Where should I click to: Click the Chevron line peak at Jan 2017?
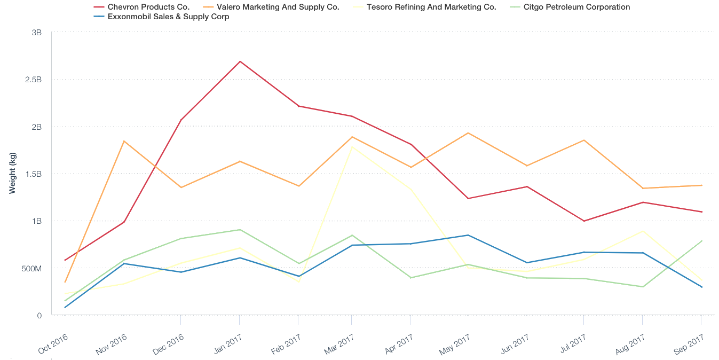pos(240,61)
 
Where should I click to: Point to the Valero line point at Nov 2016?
pos(124,141)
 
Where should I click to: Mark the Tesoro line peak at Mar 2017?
pos(352,146)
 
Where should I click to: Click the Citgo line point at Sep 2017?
pos(701,241)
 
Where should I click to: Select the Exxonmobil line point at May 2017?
pos(468,235)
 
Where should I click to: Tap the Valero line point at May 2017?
pos(468,133)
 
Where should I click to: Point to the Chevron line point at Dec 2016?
pos(181,120)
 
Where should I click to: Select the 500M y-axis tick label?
pos(31,268)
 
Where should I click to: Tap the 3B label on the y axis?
pos(36,33)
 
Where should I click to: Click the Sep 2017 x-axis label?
pos(689,343)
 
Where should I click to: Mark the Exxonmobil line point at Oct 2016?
pos(65,307)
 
